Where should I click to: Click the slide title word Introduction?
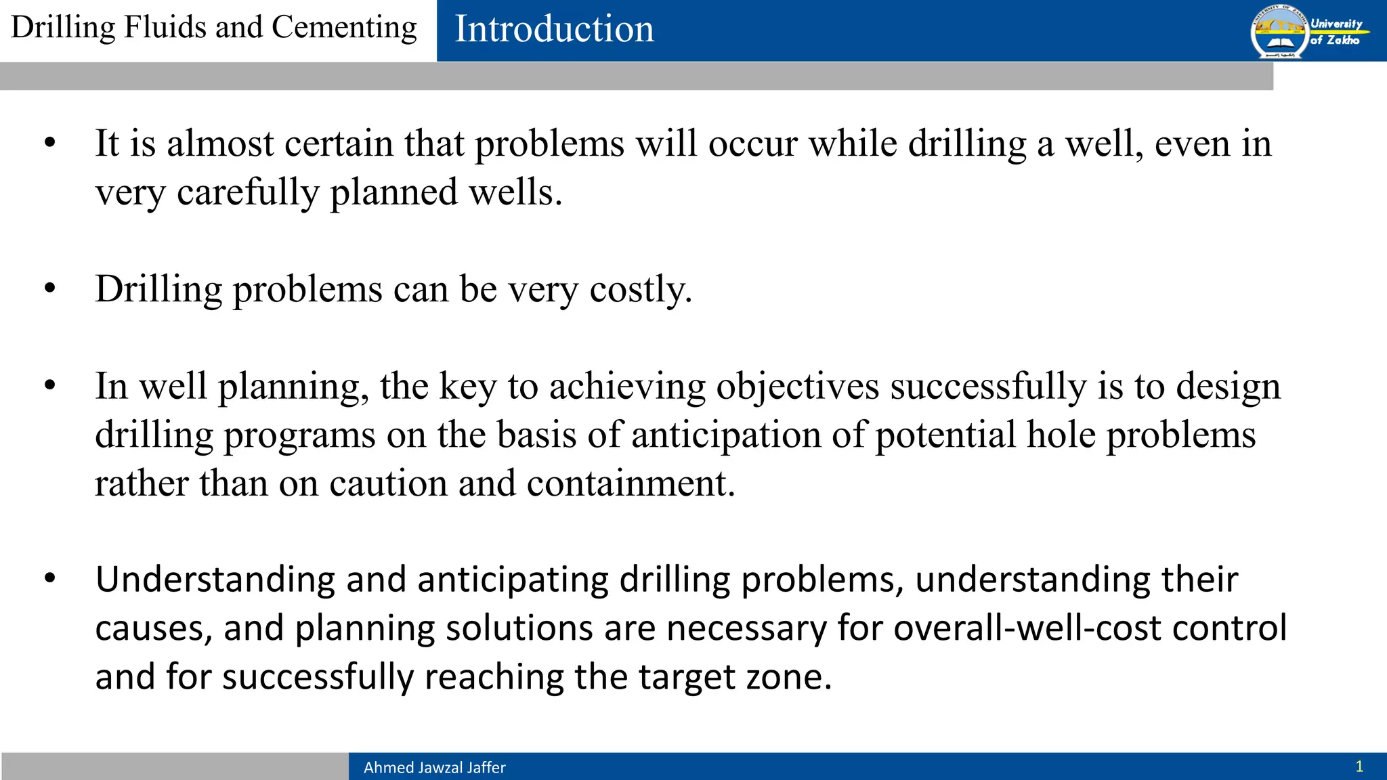coord(554,29)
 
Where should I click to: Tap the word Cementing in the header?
coord(344,28)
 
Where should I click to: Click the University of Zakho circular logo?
coord(1279,31)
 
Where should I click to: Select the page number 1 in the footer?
coord(1359,766)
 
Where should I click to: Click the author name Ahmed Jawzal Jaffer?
coord(434,767)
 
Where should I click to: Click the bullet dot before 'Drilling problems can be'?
coord(49,288)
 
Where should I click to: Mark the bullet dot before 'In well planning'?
coord(49,385)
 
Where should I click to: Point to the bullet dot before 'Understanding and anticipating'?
coord(49,579)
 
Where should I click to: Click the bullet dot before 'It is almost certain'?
coord(49,143)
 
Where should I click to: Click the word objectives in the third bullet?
coord(797,387)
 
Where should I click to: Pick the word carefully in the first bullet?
coord(247,193)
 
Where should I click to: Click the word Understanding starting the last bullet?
coord(215,580)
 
